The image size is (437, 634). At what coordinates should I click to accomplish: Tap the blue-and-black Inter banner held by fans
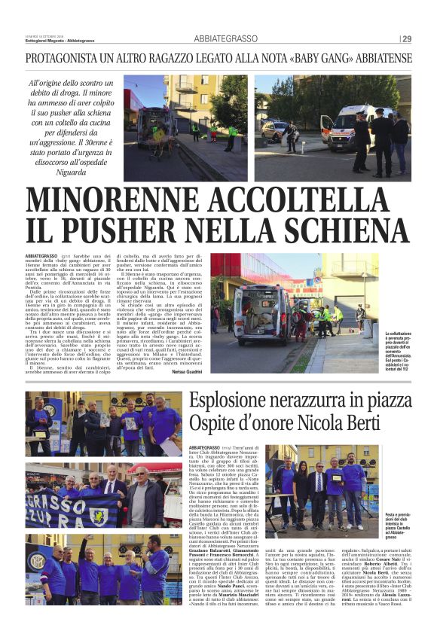click(65, 509)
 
